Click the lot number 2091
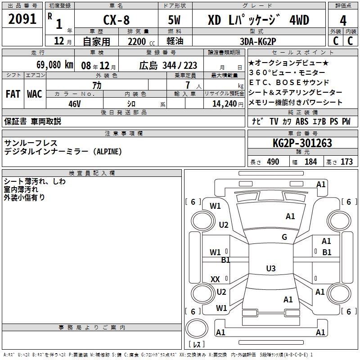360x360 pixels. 22,19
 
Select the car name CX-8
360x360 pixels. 117,20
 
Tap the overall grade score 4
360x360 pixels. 343,21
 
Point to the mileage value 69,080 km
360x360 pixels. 55,65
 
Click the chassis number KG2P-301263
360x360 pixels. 302,143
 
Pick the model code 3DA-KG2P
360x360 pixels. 258,41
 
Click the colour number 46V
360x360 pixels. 75,104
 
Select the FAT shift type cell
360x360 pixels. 13,94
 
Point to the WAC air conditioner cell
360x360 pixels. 35,94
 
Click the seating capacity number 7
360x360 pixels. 188,85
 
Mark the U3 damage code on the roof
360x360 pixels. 271,268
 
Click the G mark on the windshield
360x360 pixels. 284,237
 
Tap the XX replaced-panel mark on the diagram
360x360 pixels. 215,279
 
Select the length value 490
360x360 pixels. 273,162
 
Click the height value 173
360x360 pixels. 346,162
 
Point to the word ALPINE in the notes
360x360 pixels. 109,152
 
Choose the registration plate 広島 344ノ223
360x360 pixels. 168,65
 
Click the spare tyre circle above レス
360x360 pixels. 197,328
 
